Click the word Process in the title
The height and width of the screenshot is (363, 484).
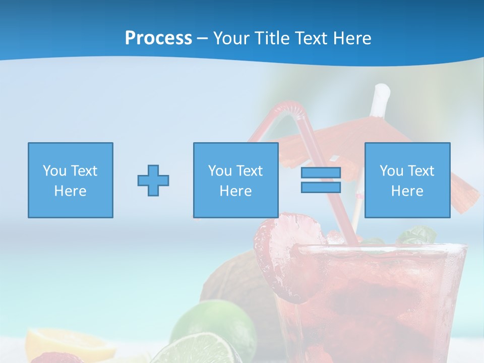coord(158,38)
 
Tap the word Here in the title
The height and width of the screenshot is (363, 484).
coord(352,38)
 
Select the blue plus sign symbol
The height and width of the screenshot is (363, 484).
coord(153,180)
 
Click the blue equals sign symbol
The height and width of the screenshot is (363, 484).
coord(321,180)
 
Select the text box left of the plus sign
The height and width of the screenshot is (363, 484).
coord(71,180)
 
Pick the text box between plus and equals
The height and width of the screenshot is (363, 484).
coord(235,180)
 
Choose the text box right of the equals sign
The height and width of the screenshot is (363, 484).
coord(407,180)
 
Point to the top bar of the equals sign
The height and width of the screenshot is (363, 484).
coord(321,173)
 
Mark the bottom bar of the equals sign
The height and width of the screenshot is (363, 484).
coord(321,187)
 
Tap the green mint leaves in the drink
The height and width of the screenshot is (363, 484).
coord(416,234)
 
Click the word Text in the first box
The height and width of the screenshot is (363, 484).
coord(83,170)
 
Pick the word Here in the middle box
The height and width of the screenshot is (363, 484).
coord(235,191)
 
